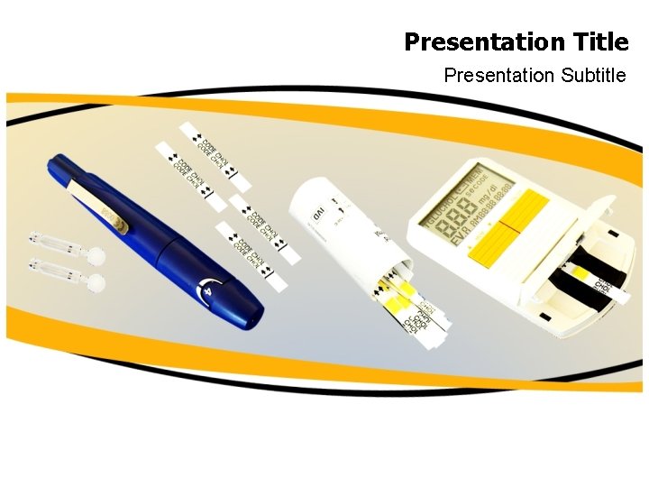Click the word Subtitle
[592, 76]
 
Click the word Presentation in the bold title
[485, 42]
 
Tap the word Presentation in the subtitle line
[498, 76]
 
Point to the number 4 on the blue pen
[208, 292]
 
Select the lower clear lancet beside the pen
[56, 268]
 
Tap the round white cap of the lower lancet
[97, 283]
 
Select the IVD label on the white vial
[318, 215]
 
